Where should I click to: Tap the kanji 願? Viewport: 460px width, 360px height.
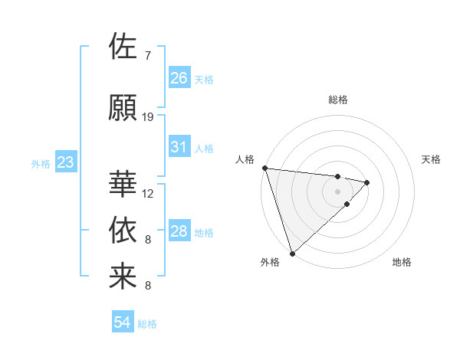click(123, 107)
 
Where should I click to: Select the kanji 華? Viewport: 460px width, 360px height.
click(123, 184)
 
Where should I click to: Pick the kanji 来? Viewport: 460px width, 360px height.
click(123, 277)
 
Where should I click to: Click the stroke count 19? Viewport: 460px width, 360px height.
click(148, 117)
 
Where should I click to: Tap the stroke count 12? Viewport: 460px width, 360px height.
click(148, 194)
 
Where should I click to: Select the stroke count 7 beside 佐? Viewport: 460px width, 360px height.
click(147, 56)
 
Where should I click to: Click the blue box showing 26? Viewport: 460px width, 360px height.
click(179, 78)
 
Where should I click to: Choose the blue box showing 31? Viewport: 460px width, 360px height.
click(179, 147)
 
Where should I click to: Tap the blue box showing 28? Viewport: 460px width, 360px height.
click(179, 231)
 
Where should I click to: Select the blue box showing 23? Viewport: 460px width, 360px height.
click(65, 162)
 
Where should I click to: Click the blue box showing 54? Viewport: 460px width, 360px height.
click(122, 322)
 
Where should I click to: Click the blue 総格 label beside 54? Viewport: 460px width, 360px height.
click(147, 324)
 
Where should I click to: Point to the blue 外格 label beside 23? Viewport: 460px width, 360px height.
click(41, 164)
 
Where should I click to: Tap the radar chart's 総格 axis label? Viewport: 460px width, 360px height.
click(337, 100)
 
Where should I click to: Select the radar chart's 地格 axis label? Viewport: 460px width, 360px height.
click(402, 262)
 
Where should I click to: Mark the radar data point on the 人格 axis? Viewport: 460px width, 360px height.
click(264, 168)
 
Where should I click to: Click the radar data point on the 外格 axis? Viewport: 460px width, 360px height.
click(292, 252)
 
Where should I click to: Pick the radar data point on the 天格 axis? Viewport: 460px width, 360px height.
click(367, 182)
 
